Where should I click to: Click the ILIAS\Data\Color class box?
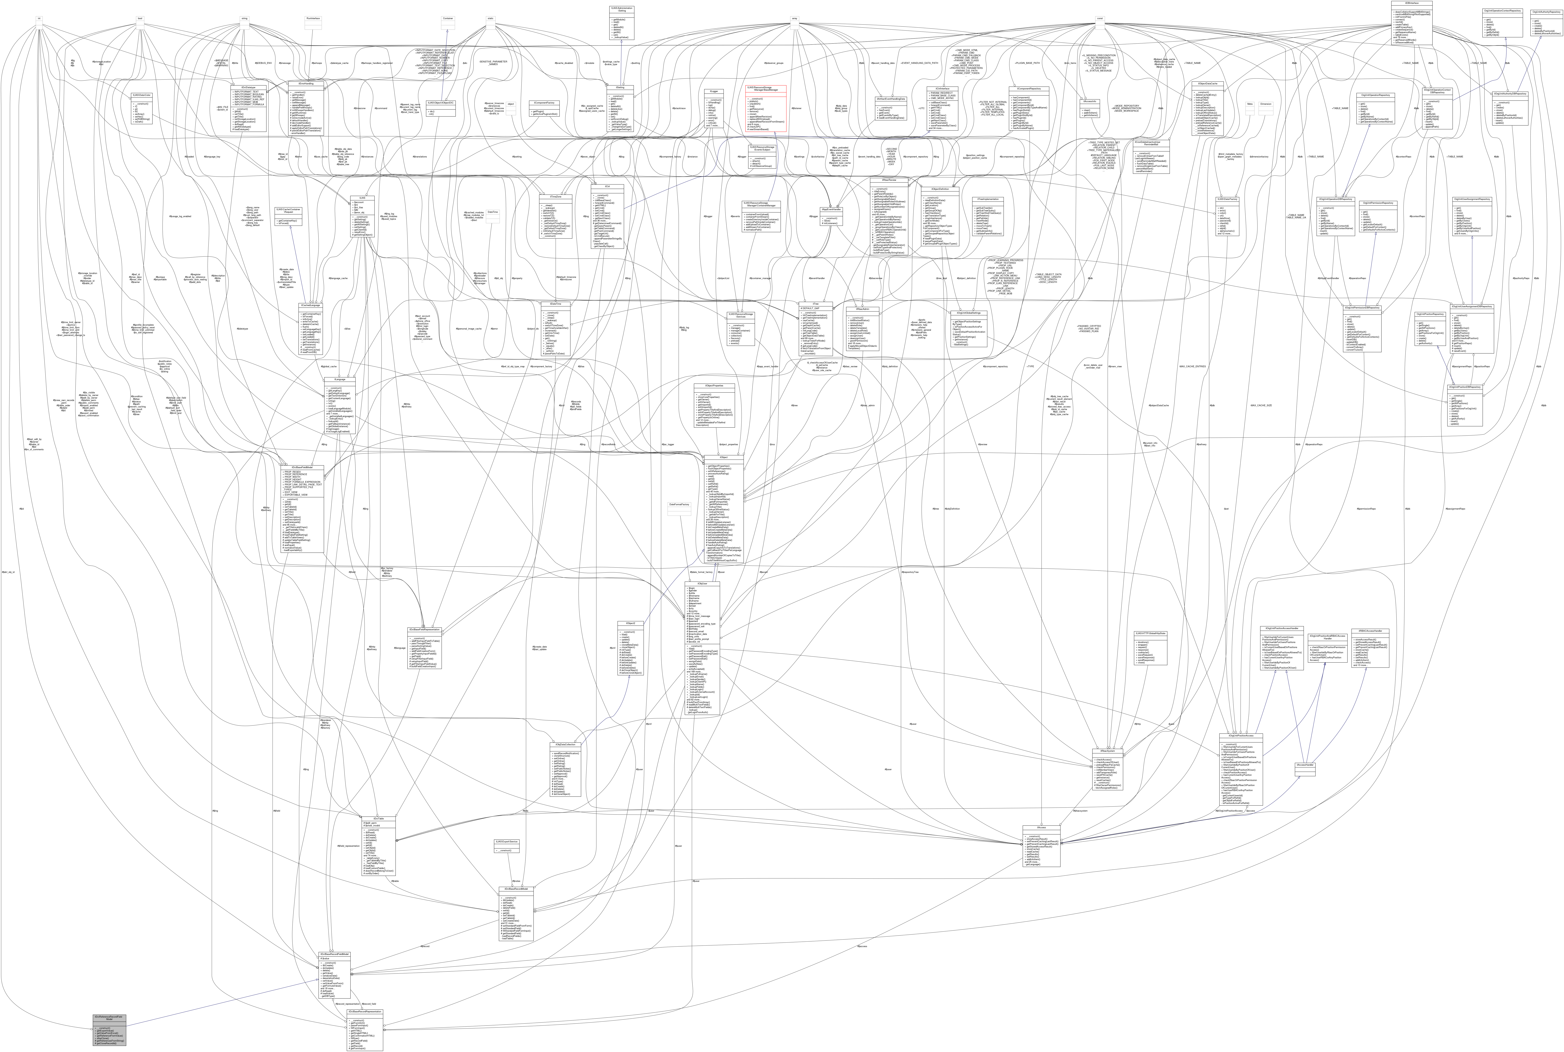tap(140, 95)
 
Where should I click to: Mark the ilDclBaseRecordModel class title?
tap(515, 889)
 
